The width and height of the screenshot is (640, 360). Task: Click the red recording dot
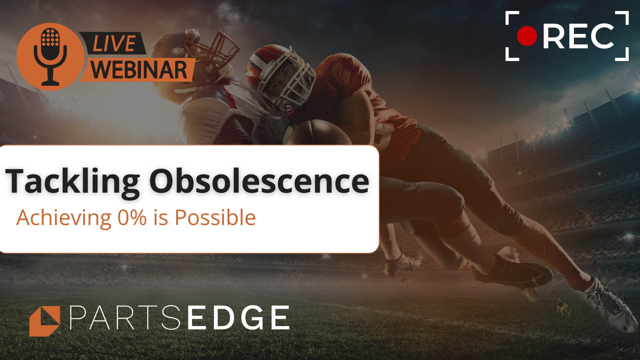click(527, 36)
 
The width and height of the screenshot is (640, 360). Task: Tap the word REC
click(578, 37)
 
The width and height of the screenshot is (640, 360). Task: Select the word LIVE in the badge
click(114, 43)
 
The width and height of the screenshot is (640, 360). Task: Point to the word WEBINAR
click(139, 70)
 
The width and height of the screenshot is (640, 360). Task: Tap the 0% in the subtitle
click(132, 218)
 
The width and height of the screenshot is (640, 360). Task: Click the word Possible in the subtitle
click(215, 218)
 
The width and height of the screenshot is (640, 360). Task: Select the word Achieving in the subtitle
click(64, 218)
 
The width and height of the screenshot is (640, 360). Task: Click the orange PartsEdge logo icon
click(45, 321)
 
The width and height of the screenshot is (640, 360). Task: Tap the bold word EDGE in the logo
click(239, 318)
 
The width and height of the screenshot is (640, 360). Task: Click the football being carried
click(320, 133)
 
